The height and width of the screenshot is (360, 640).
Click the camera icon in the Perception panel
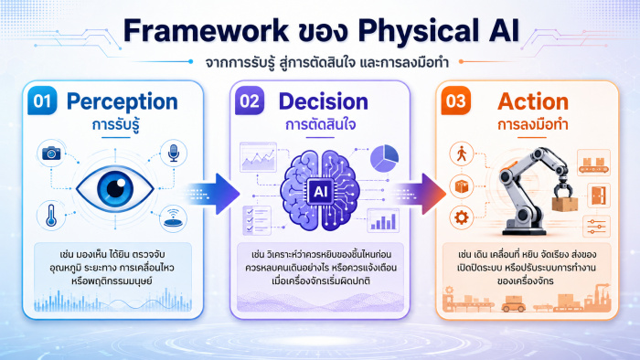tap(51, 153)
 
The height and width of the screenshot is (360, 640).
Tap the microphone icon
tap(174, 153)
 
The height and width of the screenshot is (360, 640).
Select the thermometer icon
tap(51, 216)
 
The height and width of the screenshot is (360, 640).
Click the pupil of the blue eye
tap(115, 188)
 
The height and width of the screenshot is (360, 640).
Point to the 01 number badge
tap(42, 101)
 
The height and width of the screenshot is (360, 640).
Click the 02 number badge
tap(250, 101)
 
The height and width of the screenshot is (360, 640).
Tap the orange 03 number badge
tap(456, 101)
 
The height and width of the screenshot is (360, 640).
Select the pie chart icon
tap(385, 158)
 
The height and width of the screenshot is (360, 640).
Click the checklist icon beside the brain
tap(257, 220)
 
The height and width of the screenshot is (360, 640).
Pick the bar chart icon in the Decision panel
tap(383, 220)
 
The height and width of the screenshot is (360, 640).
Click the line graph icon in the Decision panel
tap(258, 157)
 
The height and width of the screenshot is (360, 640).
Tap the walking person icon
tap(462, 154)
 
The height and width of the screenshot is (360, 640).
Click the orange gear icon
tap(462, 217)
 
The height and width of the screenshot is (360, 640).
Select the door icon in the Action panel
tap(599, 196)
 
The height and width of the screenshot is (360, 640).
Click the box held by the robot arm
tap(565, 204)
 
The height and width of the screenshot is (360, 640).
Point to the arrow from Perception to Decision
tap(213, 194)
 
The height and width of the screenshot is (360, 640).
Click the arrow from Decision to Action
tap(420, 194)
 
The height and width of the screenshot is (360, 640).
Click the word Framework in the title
tap(206, 31)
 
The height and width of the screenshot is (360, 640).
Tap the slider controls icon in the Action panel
tap(597, 227)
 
